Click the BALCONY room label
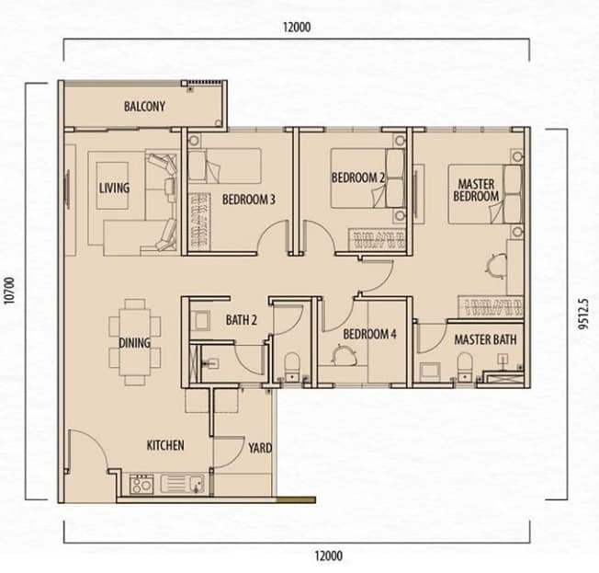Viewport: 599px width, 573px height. coord(144,107)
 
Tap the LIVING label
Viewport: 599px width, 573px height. coord(114,188)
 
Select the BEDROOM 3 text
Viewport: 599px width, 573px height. coord(249,200)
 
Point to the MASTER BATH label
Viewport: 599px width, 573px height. coord(485,339)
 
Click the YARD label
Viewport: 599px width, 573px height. coord(260,448)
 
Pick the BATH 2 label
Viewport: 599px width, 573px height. coord(241,320)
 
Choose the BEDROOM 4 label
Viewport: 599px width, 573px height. coord(370,334)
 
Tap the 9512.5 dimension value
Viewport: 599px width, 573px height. coord(583,313)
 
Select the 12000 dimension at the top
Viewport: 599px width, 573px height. coord(297,28)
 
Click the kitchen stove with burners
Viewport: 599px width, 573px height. coord(141,485)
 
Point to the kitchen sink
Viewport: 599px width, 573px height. coord(183,484)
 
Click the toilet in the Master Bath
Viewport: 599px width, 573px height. coord(465,367)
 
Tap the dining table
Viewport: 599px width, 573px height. coord(134,342)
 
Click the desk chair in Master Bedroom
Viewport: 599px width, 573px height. coord(496,265)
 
